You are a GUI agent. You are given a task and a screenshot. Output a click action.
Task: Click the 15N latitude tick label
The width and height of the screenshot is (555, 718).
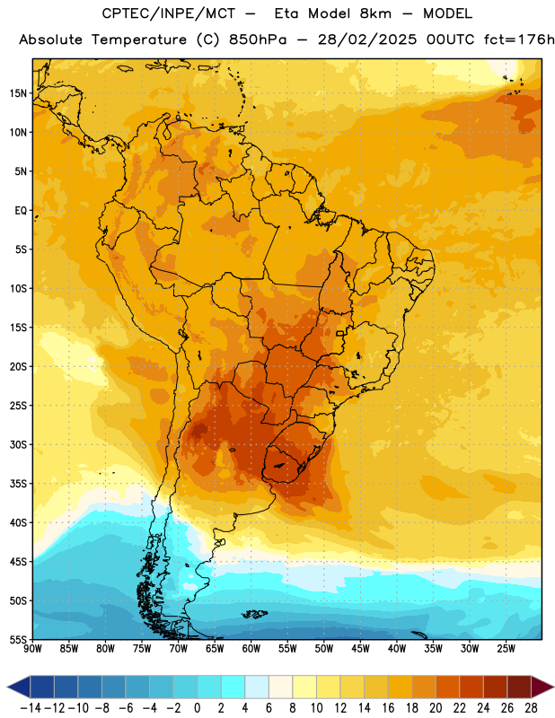click(18, 93)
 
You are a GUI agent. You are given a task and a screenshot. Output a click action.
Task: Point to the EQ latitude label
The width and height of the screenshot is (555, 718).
click(21, 211)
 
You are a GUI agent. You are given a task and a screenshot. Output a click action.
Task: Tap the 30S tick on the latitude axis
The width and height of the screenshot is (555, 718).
click(18, 444)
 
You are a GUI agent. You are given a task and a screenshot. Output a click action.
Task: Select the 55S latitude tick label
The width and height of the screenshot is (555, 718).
click(18, 639)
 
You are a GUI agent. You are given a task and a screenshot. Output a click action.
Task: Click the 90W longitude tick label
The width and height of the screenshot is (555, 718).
click(33, 649)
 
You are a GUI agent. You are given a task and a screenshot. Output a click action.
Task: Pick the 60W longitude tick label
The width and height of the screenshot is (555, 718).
click(251, 649)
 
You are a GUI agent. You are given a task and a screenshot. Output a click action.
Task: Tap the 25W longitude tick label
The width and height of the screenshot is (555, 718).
click(506, 649)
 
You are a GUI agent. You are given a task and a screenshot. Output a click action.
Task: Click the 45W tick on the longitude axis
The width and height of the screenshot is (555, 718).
click(361, 649)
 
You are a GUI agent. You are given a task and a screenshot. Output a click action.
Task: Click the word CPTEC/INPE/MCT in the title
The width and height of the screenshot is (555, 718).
click(169, 13)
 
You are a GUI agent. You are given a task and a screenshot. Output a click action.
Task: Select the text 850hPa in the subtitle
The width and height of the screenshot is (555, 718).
click(258, 39)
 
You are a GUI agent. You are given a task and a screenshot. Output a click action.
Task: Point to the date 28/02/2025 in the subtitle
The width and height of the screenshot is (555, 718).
click(367, 39)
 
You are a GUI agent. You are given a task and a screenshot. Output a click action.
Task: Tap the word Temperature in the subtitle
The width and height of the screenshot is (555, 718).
click(139, 40)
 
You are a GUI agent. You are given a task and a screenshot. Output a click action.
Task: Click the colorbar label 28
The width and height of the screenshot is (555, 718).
click(531, 708)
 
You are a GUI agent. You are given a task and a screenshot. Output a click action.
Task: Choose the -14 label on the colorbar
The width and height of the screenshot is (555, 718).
click(31, 708)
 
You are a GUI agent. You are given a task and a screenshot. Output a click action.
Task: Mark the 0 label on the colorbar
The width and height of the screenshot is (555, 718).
click(198, 708)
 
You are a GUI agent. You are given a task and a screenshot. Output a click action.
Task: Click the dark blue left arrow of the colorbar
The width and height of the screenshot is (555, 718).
click(19, 687)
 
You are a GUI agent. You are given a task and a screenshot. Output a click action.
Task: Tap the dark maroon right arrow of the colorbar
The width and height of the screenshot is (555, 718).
click(542, 687)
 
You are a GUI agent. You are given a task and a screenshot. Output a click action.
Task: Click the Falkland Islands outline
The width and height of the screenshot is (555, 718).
click(254, 614)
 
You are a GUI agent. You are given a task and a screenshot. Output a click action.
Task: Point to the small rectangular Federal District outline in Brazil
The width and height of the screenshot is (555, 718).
click(340, 333)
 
